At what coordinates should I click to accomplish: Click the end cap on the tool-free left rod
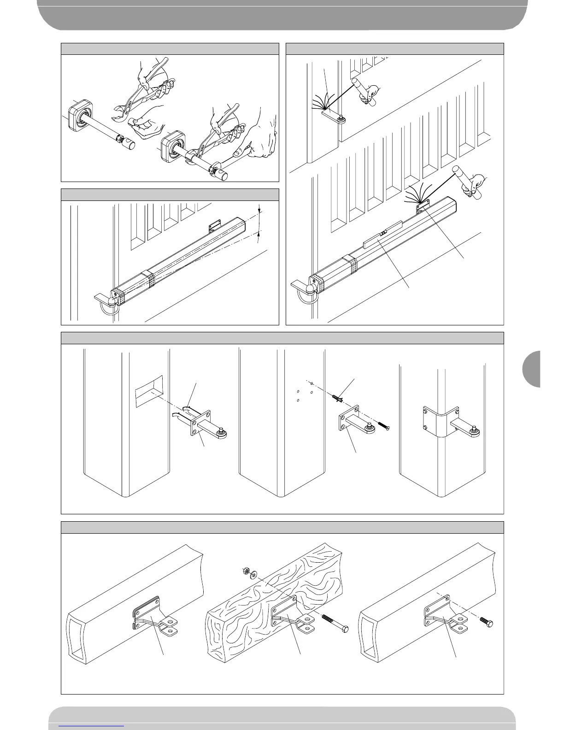(x=129, y=145)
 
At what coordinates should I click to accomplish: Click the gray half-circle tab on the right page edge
(x=532, y=369)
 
